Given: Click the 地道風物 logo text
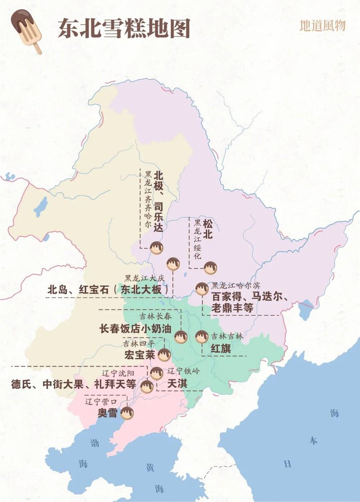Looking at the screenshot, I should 322,26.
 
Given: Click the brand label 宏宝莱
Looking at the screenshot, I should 139,355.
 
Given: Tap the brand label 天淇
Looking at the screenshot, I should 176,383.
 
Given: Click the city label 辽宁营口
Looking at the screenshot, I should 102,401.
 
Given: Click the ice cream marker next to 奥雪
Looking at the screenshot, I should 127,413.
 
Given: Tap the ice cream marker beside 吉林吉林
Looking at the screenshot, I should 201,337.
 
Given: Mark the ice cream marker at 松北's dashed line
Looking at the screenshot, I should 210,268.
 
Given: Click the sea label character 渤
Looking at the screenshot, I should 95,442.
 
